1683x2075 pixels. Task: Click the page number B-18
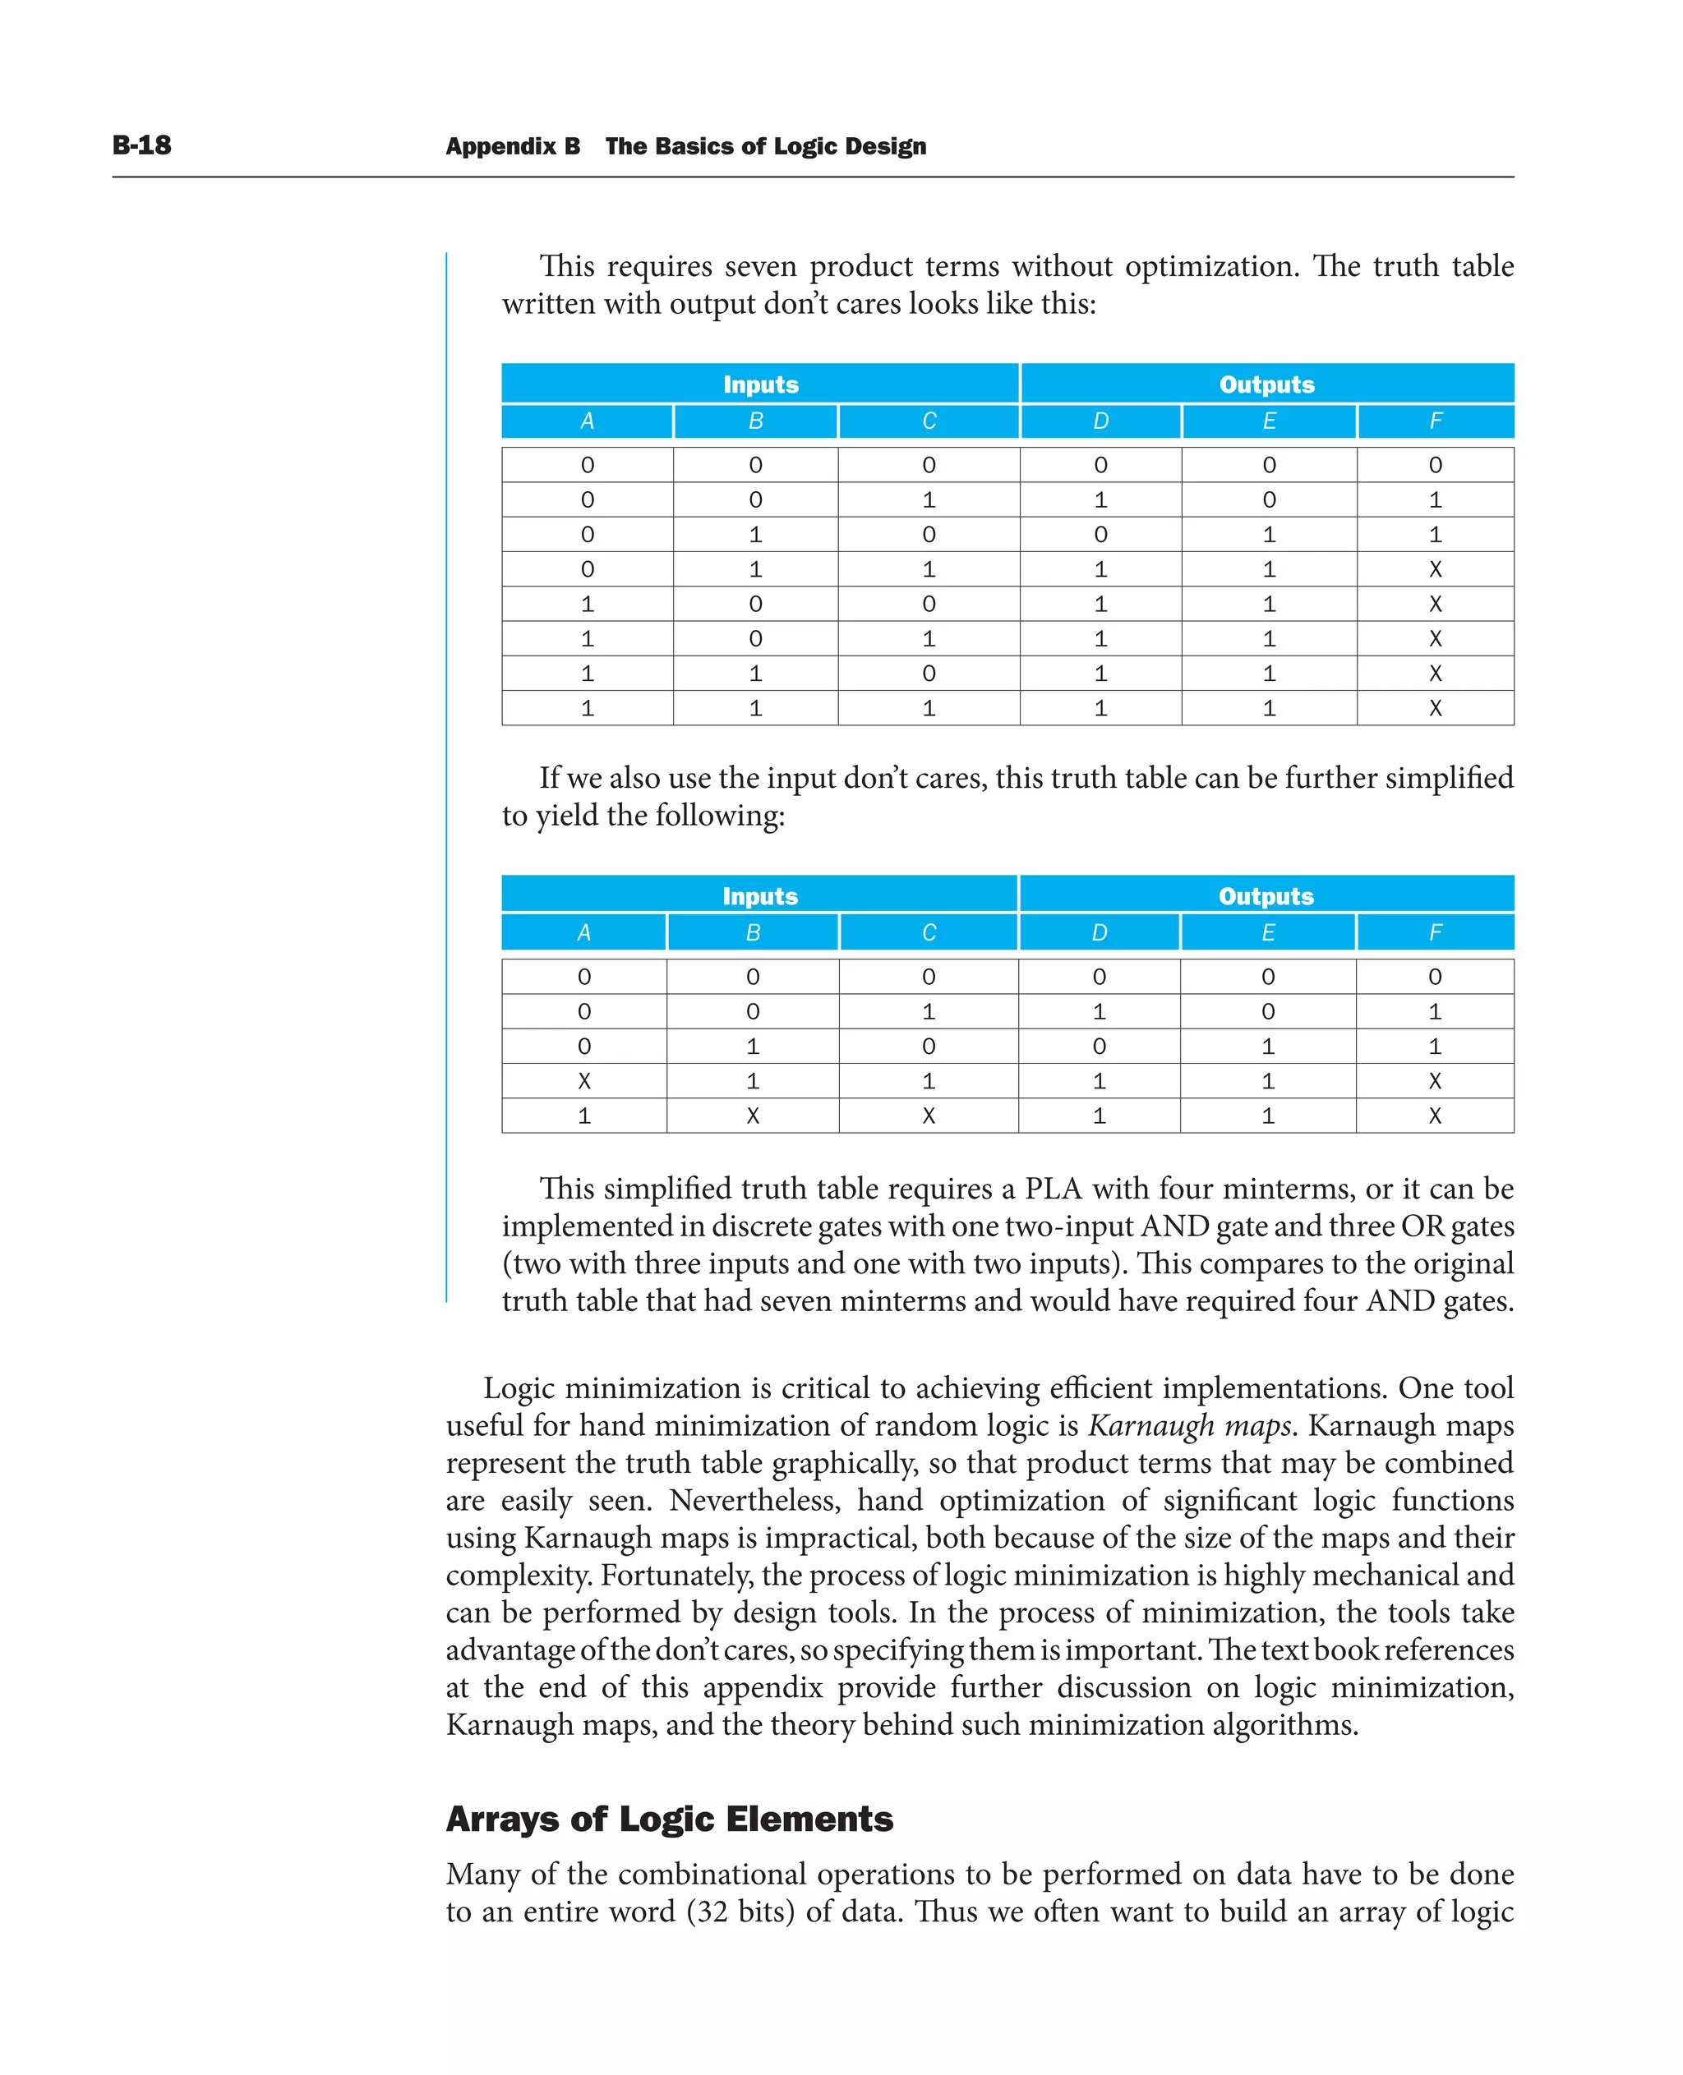coord(141,145)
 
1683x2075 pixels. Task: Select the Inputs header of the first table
coord(760,384)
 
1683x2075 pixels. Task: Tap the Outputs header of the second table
coord(1266,895)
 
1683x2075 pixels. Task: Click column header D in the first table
coord(1100,421)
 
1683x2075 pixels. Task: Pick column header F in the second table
coord(1435,932)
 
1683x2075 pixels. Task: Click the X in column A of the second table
coord(583,1081)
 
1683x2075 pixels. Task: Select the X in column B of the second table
coord(752,1116)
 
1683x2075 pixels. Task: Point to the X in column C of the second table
coord(928,1116)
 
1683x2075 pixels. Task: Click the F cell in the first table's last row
coord(1435,708)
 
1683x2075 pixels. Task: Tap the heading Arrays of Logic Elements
coord(669,1820)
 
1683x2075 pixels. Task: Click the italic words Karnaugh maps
coord(1188,1426)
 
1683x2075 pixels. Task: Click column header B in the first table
coord(755,421)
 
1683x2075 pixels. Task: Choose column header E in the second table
coord(1267,932)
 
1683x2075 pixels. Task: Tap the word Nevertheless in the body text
coord(754,1500)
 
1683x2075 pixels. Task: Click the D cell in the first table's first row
coord(1100,465)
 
